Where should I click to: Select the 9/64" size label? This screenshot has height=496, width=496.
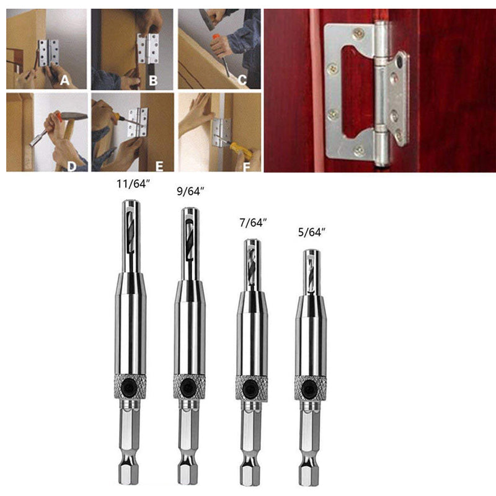pos(191,193)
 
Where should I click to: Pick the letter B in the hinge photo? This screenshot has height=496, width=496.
pos(153,80)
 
